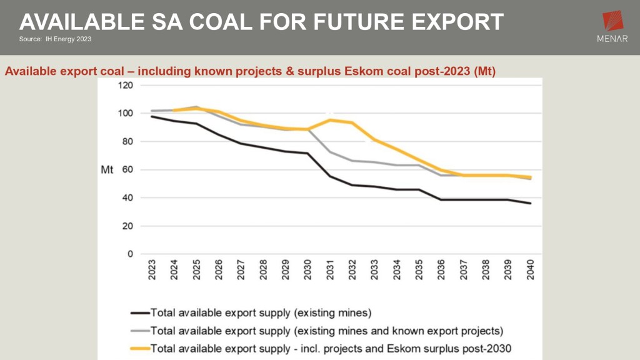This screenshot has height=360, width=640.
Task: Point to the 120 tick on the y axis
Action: (x=126, y=85)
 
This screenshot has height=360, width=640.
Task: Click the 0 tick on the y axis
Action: (x=131, y=254)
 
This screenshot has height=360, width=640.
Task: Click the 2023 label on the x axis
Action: (x=152, y=269)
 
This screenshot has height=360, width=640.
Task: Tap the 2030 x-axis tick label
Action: (x=307, y=269)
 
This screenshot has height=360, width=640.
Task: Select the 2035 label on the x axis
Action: (x=419, y=269)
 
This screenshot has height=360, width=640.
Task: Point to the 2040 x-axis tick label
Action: (x=531, y=269)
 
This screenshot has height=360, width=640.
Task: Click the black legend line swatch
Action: (x=139, y=311)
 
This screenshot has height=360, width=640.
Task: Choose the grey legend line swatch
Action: (x=139, y=329)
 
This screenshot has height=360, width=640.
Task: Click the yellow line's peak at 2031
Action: (x=330, y=119)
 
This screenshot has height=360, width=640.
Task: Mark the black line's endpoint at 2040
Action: (x=531, y=203)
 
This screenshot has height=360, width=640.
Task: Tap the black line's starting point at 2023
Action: (x=152, y=116)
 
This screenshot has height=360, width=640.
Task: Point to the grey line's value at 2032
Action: (x=352, y=161)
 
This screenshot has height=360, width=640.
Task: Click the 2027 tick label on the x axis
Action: (x=241, y=269)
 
